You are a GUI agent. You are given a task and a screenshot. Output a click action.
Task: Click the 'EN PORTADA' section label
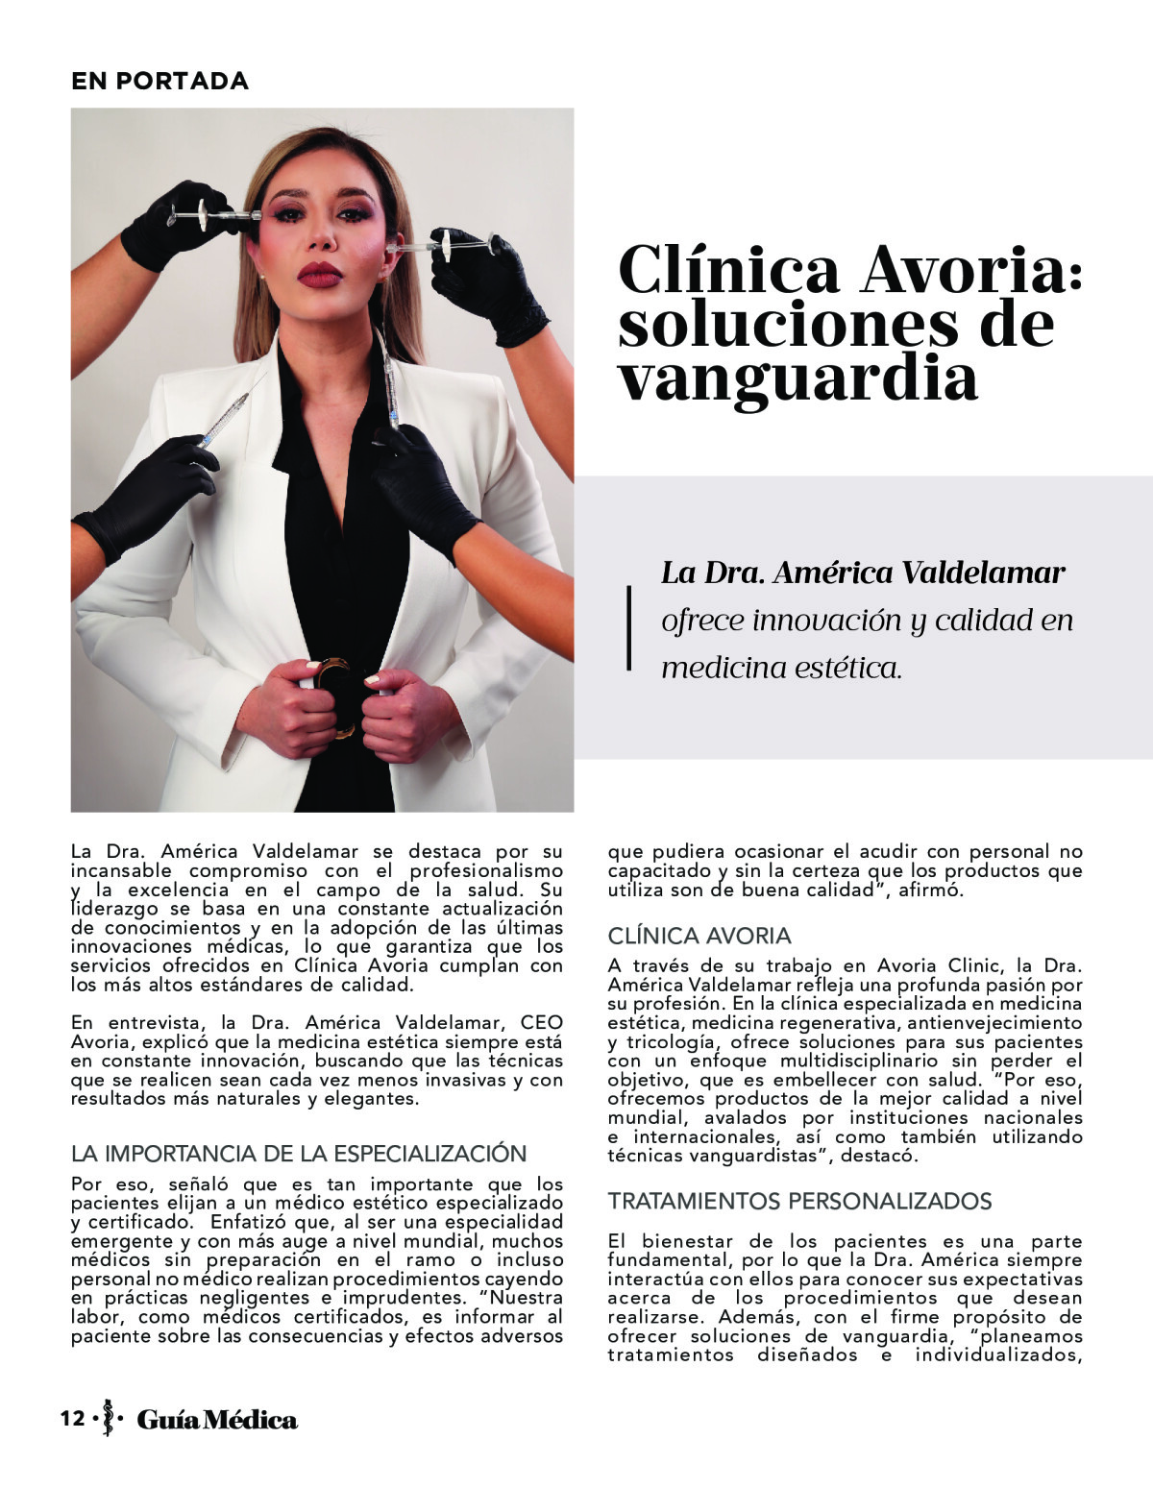(159, 82)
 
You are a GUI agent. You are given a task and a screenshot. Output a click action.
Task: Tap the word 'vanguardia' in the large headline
(797, 378)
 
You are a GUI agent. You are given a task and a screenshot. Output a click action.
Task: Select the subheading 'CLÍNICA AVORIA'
(699, 936)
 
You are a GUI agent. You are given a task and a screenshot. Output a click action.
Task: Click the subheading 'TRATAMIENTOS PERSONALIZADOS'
(799, 1201)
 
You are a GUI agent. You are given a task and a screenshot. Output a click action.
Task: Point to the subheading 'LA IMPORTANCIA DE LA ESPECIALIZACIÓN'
(299, 1154)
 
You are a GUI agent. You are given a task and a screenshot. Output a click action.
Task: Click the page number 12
(72, 1419)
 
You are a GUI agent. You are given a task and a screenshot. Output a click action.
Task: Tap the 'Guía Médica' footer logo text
(217, 1419)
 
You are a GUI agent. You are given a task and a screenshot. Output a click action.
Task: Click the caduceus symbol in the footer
(108, 1418)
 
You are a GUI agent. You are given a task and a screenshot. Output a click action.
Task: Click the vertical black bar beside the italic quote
(629, 626)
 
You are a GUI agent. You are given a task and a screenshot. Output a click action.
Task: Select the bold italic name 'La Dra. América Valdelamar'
(863, 573)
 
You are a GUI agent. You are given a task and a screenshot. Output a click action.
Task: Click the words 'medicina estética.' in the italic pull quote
(782, 667)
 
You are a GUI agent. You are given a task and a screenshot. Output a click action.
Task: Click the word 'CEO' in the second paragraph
(541, 1022)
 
